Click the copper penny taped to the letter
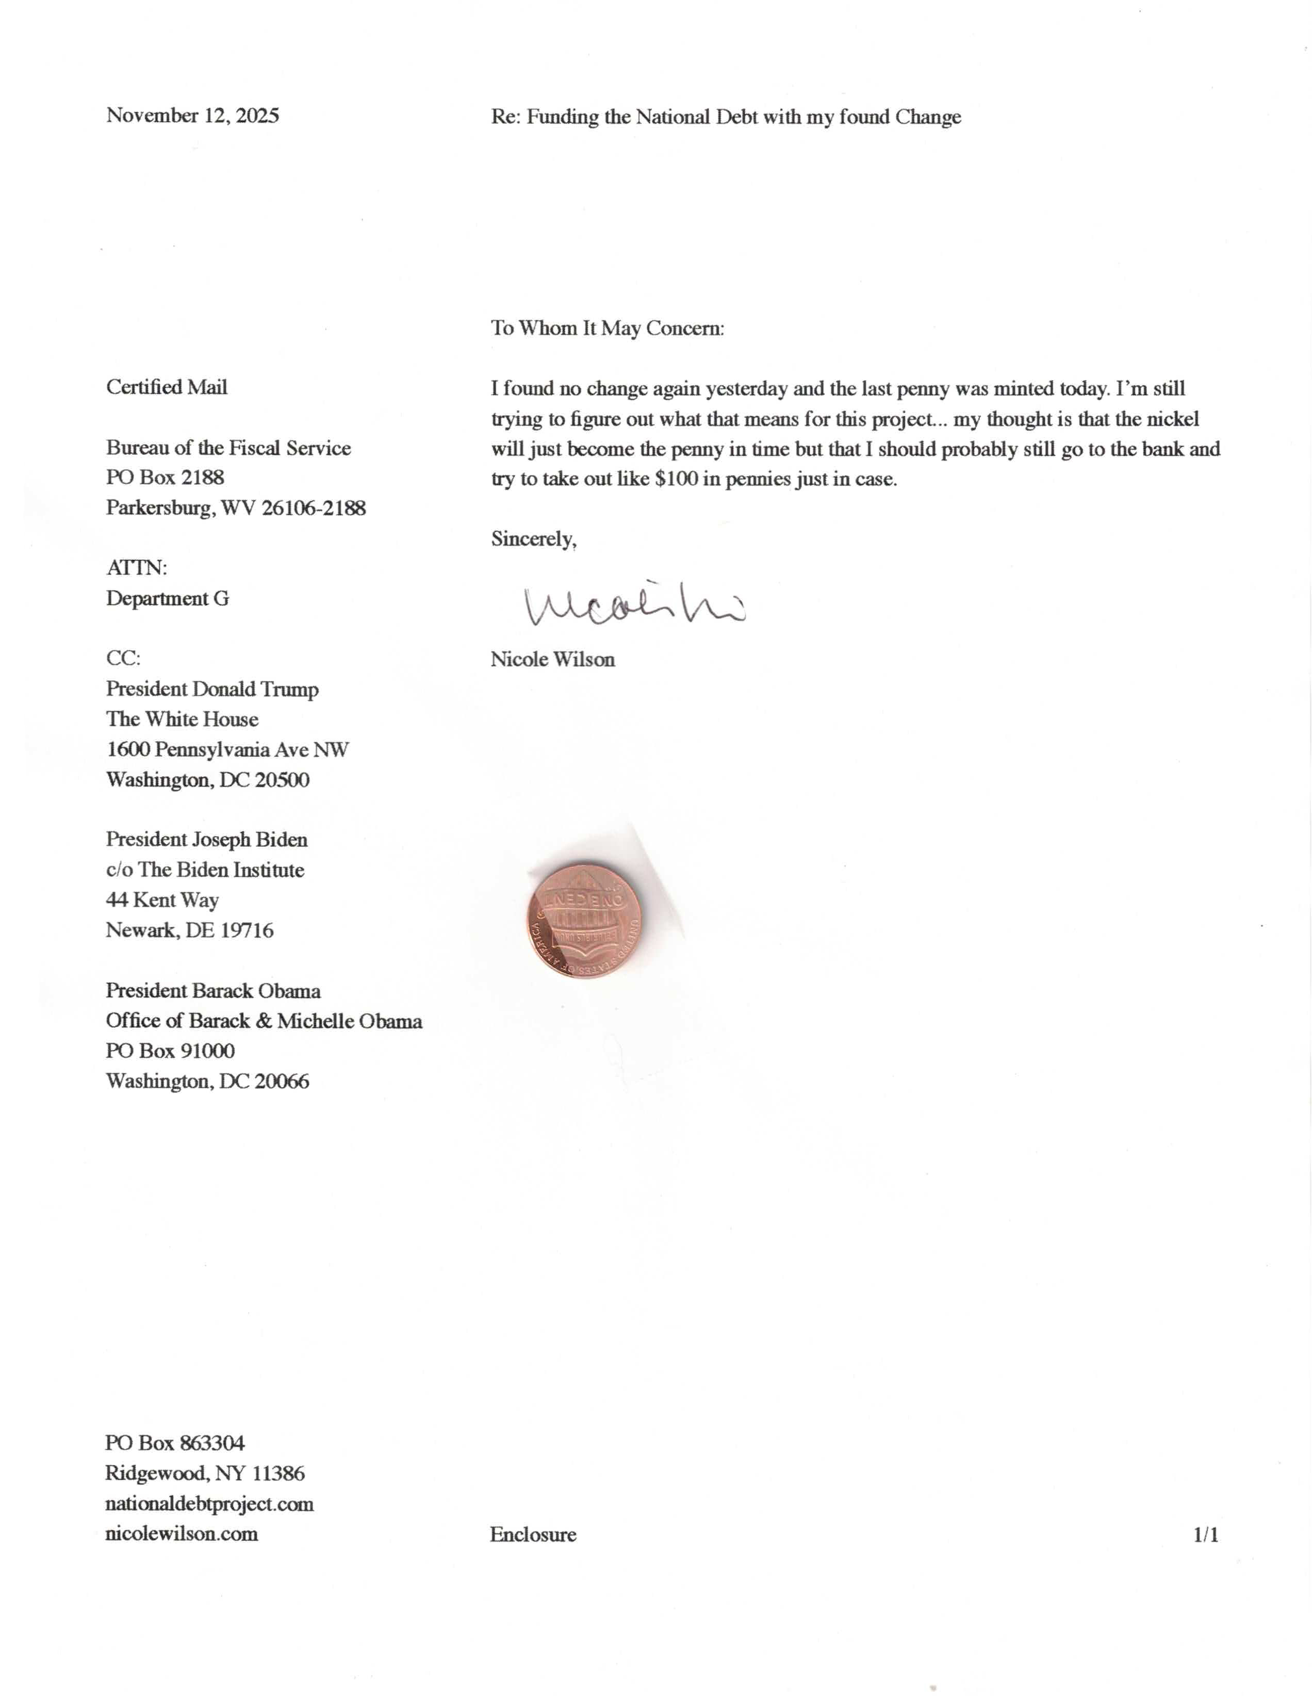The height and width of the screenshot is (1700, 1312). pyautogui.click(x=584, y=920)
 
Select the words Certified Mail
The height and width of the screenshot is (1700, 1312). pyautogui.click(x=167, y=387)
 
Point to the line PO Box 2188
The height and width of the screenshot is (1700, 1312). pyautogui.click(x=165, y=477)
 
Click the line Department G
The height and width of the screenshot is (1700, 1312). pyautogui.click(x=167, y=599)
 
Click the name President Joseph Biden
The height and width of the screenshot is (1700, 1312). pyautogui.click(x=206, y=839)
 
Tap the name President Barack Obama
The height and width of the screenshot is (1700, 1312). pyautogui.click(x=212, y=990)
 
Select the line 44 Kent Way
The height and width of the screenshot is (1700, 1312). pyautogui.click(x=162, y=900)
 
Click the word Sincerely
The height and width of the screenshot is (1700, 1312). pyautogui.click(x=533, y=538)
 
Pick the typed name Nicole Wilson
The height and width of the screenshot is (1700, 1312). pyautogui.click(x=552, y=659)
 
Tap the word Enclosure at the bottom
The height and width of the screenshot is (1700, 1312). pyautogui.click(x=533, y=1534)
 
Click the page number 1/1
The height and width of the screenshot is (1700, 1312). pyautogui.click(x=1205, y=1534)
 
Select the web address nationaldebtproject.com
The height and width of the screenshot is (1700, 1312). pyautogui.click(x=209, y=1503)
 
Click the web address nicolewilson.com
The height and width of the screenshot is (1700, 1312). pyautogui.click(x=182, y=1533)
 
